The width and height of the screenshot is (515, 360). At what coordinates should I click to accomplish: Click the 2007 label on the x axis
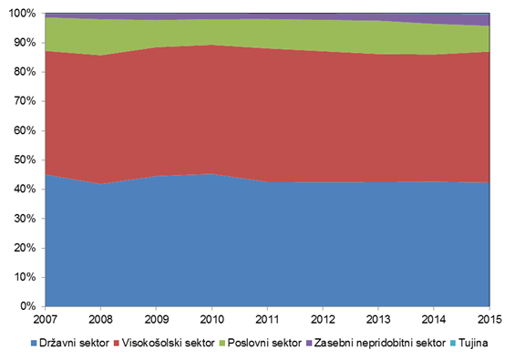[46, 319]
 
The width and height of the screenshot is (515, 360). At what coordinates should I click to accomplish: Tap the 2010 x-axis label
[211, 319]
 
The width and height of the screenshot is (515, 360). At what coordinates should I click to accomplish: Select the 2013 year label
[378, 319]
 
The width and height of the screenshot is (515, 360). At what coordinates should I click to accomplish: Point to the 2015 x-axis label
[489, 319]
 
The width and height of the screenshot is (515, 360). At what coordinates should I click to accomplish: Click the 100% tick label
[23, 14]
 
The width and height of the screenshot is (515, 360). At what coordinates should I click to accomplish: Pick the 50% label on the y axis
[25, 160]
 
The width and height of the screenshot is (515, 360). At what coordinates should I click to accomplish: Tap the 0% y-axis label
[27, 306]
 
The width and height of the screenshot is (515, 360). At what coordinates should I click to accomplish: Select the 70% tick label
[25, 101]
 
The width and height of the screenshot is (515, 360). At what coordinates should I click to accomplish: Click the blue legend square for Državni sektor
[34, 344]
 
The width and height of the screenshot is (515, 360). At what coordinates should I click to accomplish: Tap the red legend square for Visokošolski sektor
[116, 344]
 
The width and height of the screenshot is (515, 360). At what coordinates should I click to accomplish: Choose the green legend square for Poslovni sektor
[222, 344]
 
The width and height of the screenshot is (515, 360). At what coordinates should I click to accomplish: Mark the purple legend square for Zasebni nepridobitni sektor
[309, 344]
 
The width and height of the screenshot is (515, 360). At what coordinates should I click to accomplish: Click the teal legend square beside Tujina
[453, 344]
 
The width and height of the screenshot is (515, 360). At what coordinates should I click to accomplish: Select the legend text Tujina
[473, 344]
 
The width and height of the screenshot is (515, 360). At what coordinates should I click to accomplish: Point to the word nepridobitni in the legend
[384, 344]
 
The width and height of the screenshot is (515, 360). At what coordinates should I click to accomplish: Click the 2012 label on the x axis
[323, 319]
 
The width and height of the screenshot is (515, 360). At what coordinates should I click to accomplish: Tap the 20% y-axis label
[25, 248]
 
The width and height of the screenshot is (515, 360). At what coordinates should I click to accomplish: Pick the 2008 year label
[101, 319]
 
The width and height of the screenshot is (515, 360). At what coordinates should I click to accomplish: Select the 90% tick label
[25, 43]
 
